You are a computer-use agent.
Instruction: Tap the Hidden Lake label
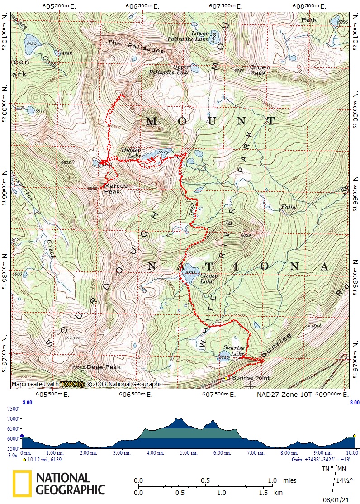(131, 153)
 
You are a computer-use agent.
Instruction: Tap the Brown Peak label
(260, 70)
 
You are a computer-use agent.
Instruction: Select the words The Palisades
(136, 47)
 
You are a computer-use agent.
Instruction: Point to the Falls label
(288, 207)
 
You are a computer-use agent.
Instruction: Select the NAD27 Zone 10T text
(284, 395)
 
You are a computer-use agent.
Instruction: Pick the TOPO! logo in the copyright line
(72, 385)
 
